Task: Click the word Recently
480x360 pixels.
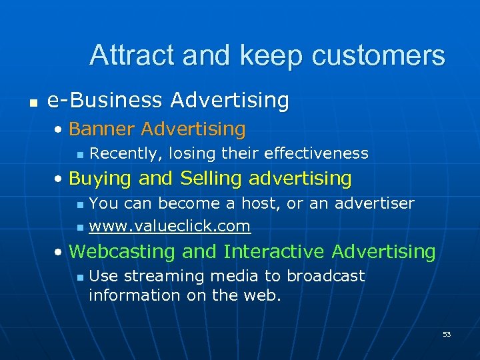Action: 126,154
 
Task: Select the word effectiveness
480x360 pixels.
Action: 316,154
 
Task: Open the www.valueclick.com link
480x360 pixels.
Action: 169,227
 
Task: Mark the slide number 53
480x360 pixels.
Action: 446,334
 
